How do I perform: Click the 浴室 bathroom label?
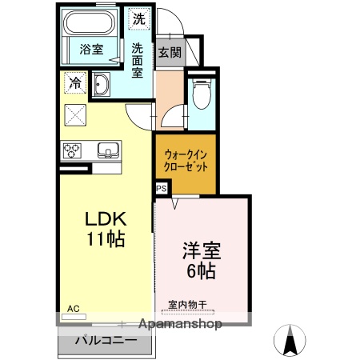pos(90,49)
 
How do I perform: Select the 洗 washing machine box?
pos(139,18)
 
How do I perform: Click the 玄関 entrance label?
pos(170,53)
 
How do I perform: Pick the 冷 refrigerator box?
pos(74,82)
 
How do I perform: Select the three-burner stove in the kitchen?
pos(72,150)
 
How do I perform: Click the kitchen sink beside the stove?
pos(107,150)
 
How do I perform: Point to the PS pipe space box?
pos(161,189)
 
